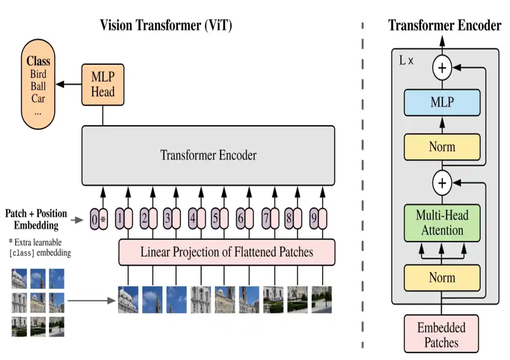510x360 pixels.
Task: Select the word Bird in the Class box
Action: pos(38,74)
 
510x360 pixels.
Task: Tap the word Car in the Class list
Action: pos(38,98)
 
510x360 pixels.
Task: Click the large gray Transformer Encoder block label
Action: pos(208,155)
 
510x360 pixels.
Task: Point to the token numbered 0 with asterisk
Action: pos(99,218)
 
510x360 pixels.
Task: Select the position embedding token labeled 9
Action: pos(318,218)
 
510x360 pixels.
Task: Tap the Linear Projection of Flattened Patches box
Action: pos(227,252)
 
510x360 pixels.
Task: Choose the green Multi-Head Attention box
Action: pos(442,223)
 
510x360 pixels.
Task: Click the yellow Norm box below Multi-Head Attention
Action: pos(442,278)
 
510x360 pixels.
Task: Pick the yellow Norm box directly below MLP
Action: pos(442,147)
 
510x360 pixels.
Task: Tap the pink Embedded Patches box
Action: pos(442,335)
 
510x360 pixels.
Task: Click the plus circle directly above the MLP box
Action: pos(442,67)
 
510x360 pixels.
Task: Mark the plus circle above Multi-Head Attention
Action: pos(442,184)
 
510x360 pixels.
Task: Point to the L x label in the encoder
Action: pos(406,60)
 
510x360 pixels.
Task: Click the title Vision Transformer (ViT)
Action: pos(166,25)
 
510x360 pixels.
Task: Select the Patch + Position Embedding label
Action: pos(36,219)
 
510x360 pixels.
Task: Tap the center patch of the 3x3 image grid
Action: pos(38,303)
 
